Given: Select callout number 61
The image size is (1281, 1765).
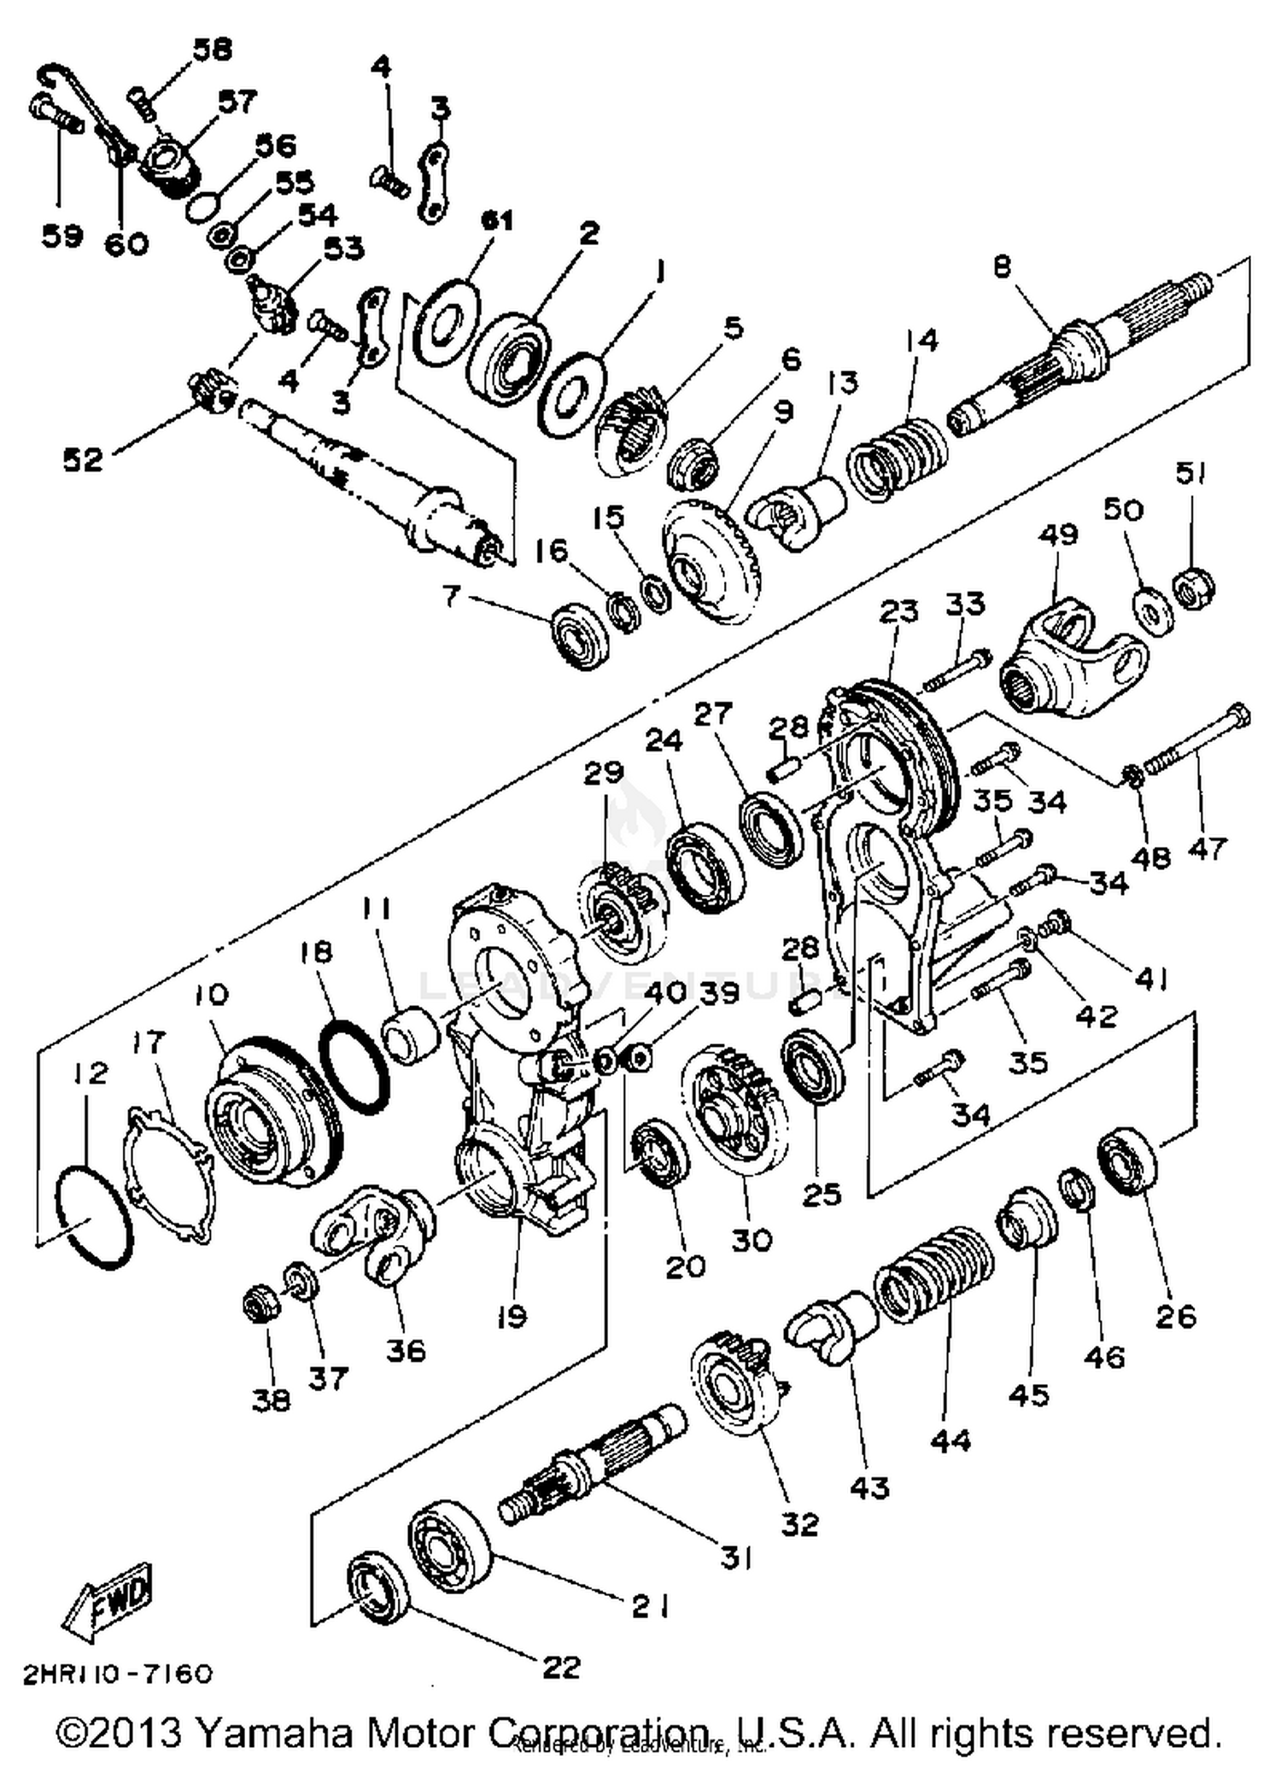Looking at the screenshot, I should click(496, 220).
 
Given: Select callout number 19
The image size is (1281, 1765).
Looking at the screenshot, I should click(511, 1318).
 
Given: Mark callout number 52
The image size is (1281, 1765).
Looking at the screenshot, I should click(84, 460).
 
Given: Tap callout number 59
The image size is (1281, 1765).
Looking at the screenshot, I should click(62, 235).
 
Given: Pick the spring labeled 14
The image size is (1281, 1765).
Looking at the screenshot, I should click(897, 457).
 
